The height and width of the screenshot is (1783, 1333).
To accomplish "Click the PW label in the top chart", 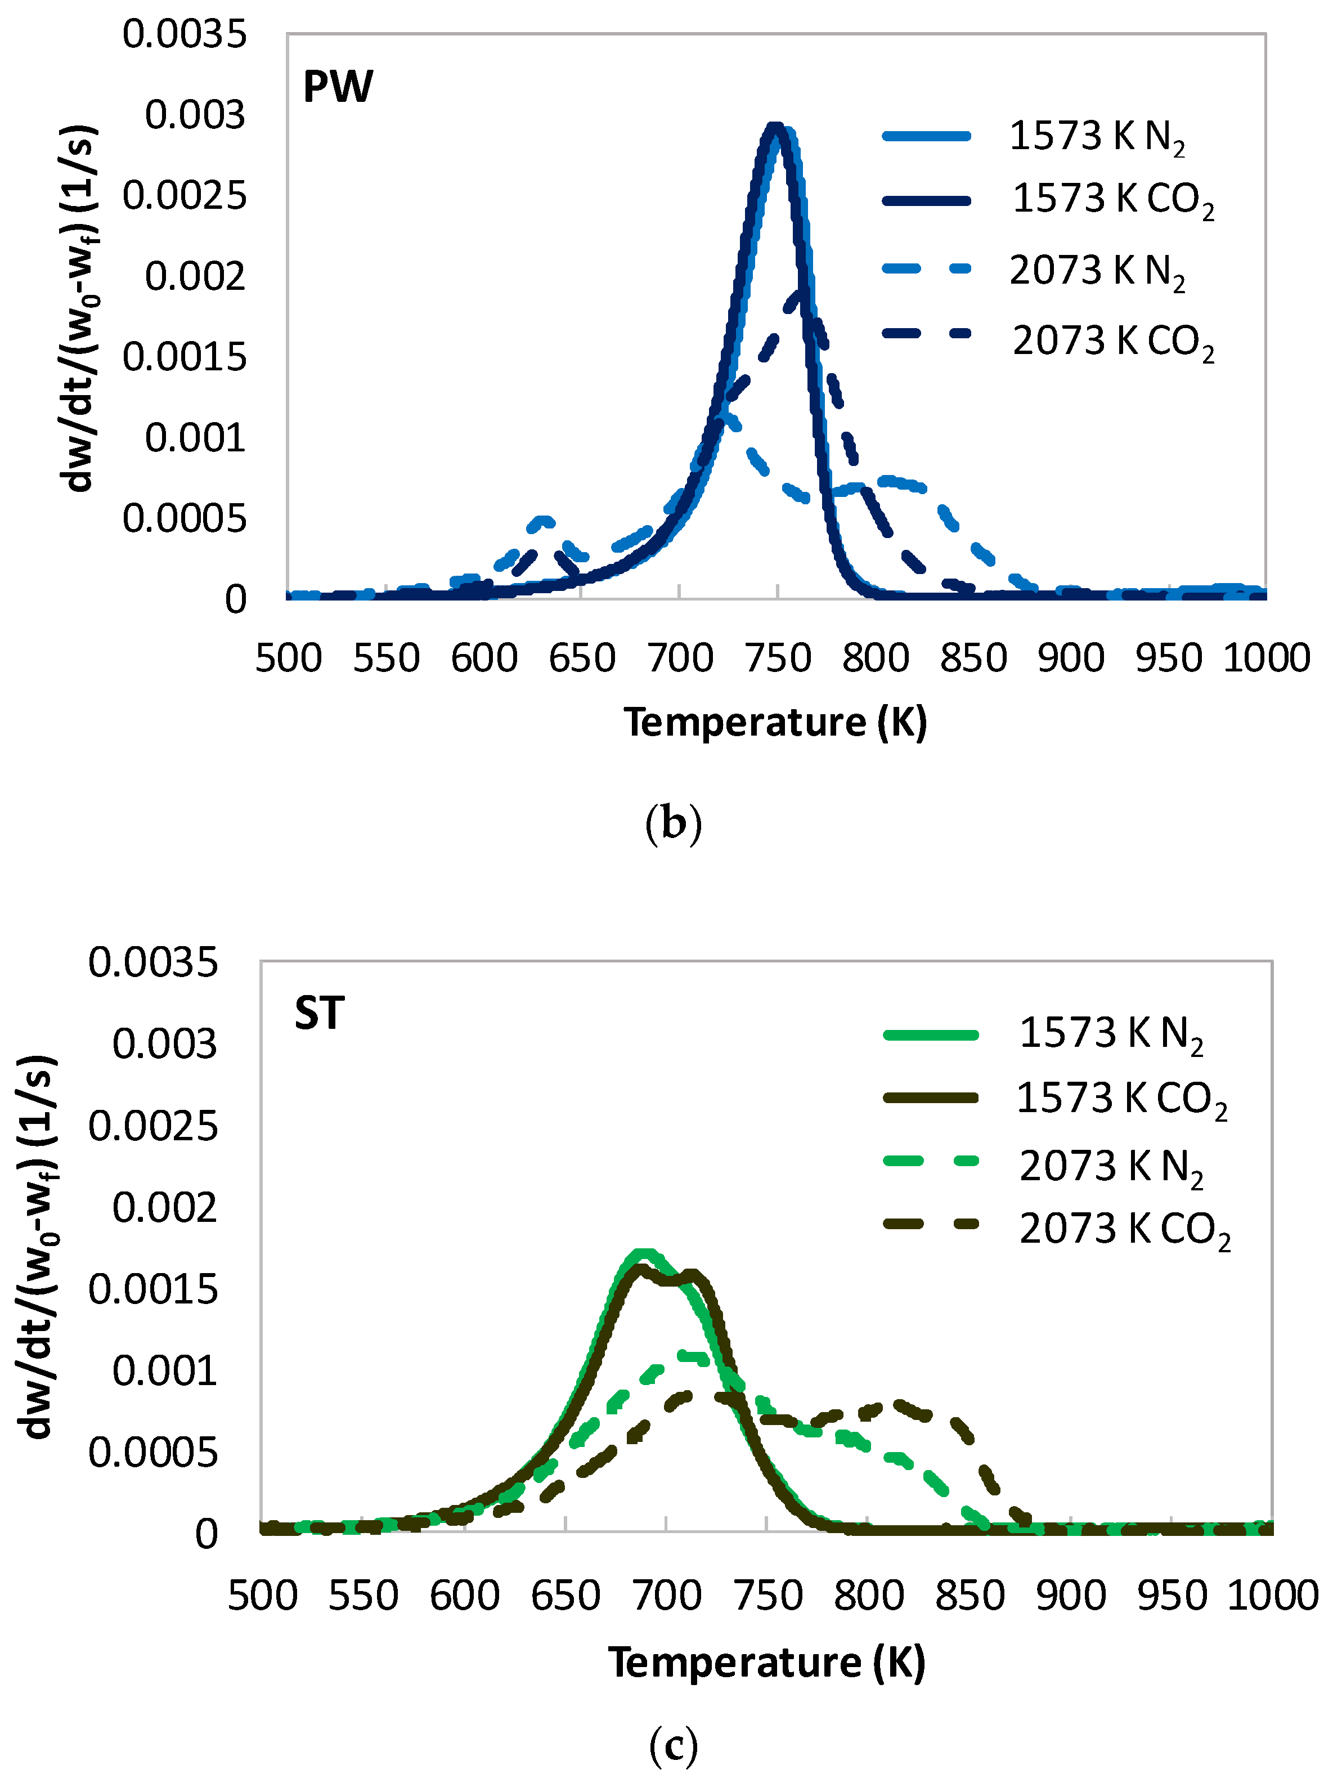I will click(338, 87).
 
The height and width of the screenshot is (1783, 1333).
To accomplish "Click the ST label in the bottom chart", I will click(319, 1013).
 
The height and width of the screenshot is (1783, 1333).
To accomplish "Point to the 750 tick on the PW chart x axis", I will click(778, 658).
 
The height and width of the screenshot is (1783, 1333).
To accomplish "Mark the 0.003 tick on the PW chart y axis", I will click(195, 115).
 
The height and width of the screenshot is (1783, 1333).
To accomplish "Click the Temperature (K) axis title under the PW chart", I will click(775, 722).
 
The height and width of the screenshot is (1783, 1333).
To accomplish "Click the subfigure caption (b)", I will click(674, 824).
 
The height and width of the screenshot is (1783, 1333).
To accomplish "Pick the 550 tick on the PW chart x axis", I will click(386, 658).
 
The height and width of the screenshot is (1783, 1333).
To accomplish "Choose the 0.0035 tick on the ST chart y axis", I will click(153, 962).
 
